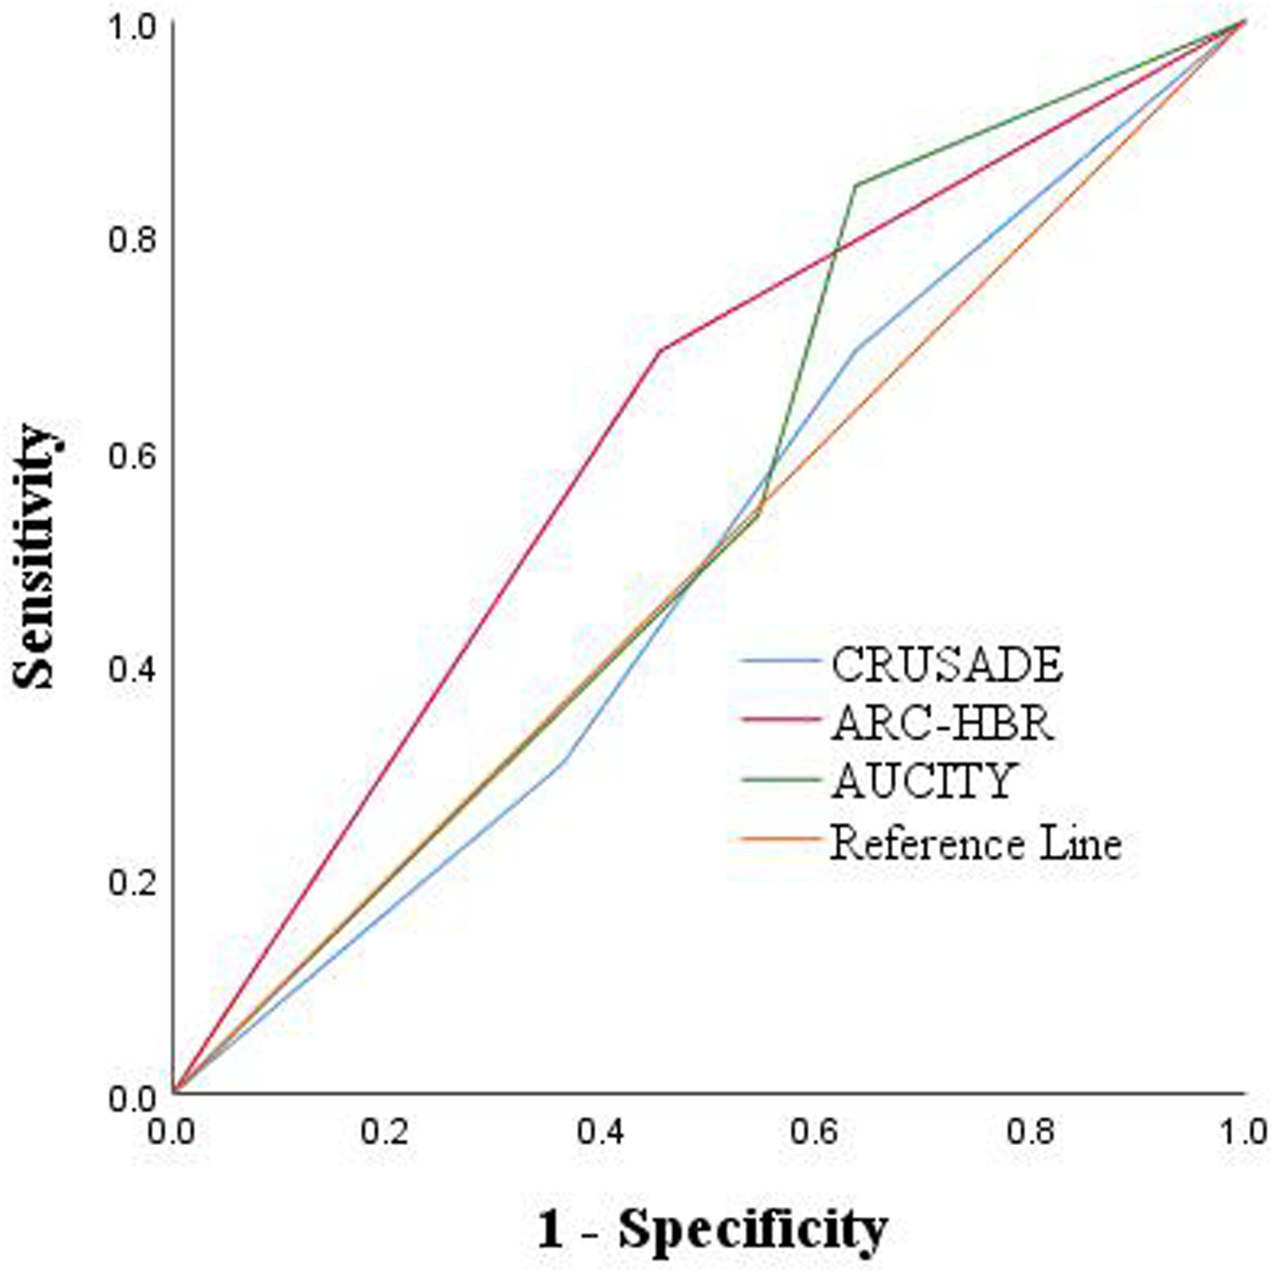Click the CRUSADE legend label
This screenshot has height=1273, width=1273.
pos(946,664)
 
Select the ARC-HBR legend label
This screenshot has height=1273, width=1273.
pos(942,723)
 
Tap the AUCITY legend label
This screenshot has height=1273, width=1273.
pos(923,781)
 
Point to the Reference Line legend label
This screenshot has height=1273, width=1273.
pos(976,843)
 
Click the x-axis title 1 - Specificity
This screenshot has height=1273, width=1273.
pos(712,1227)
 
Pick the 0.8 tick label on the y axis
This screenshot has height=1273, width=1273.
pos(132,239)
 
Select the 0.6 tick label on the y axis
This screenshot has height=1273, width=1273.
pos(132,455)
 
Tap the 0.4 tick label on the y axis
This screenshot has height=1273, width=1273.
pos(132,669)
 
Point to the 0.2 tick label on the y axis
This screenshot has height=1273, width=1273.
pos(132,883)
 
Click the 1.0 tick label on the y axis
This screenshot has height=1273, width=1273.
pos(132,25)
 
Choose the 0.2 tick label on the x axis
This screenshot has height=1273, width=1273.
pos(387,1132)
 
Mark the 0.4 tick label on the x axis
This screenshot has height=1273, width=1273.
pos(602,1132)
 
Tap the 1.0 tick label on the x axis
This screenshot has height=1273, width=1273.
pos(1244,1132)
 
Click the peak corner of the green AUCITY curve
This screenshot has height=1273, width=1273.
pos(855,184)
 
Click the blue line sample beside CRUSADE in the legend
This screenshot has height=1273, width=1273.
pos(781,660)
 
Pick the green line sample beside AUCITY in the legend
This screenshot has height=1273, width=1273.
pos(781,778)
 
